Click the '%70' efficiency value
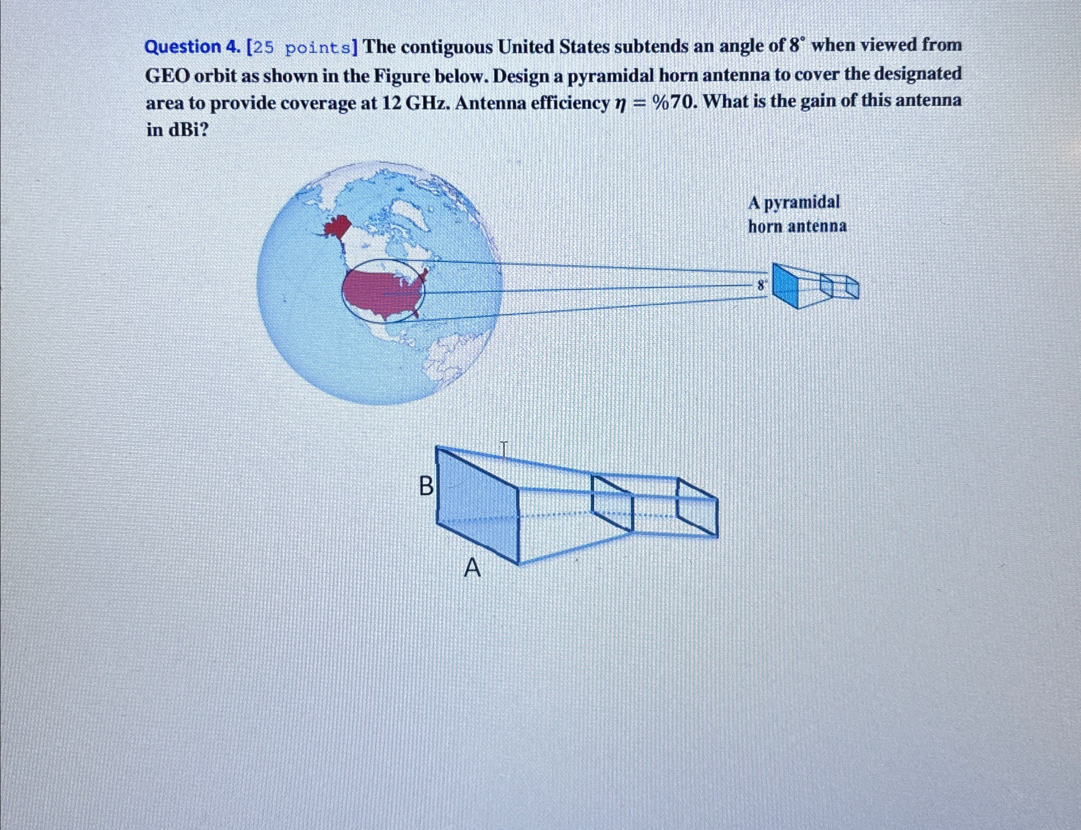tap(675, 102)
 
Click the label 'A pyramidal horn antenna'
tap(796, 215)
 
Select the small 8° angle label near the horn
tap(762, 285)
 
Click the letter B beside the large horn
tap(425, 486)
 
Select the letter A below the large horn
tap(472, 568)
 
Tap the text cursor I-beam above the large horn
tap(503, 449)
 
